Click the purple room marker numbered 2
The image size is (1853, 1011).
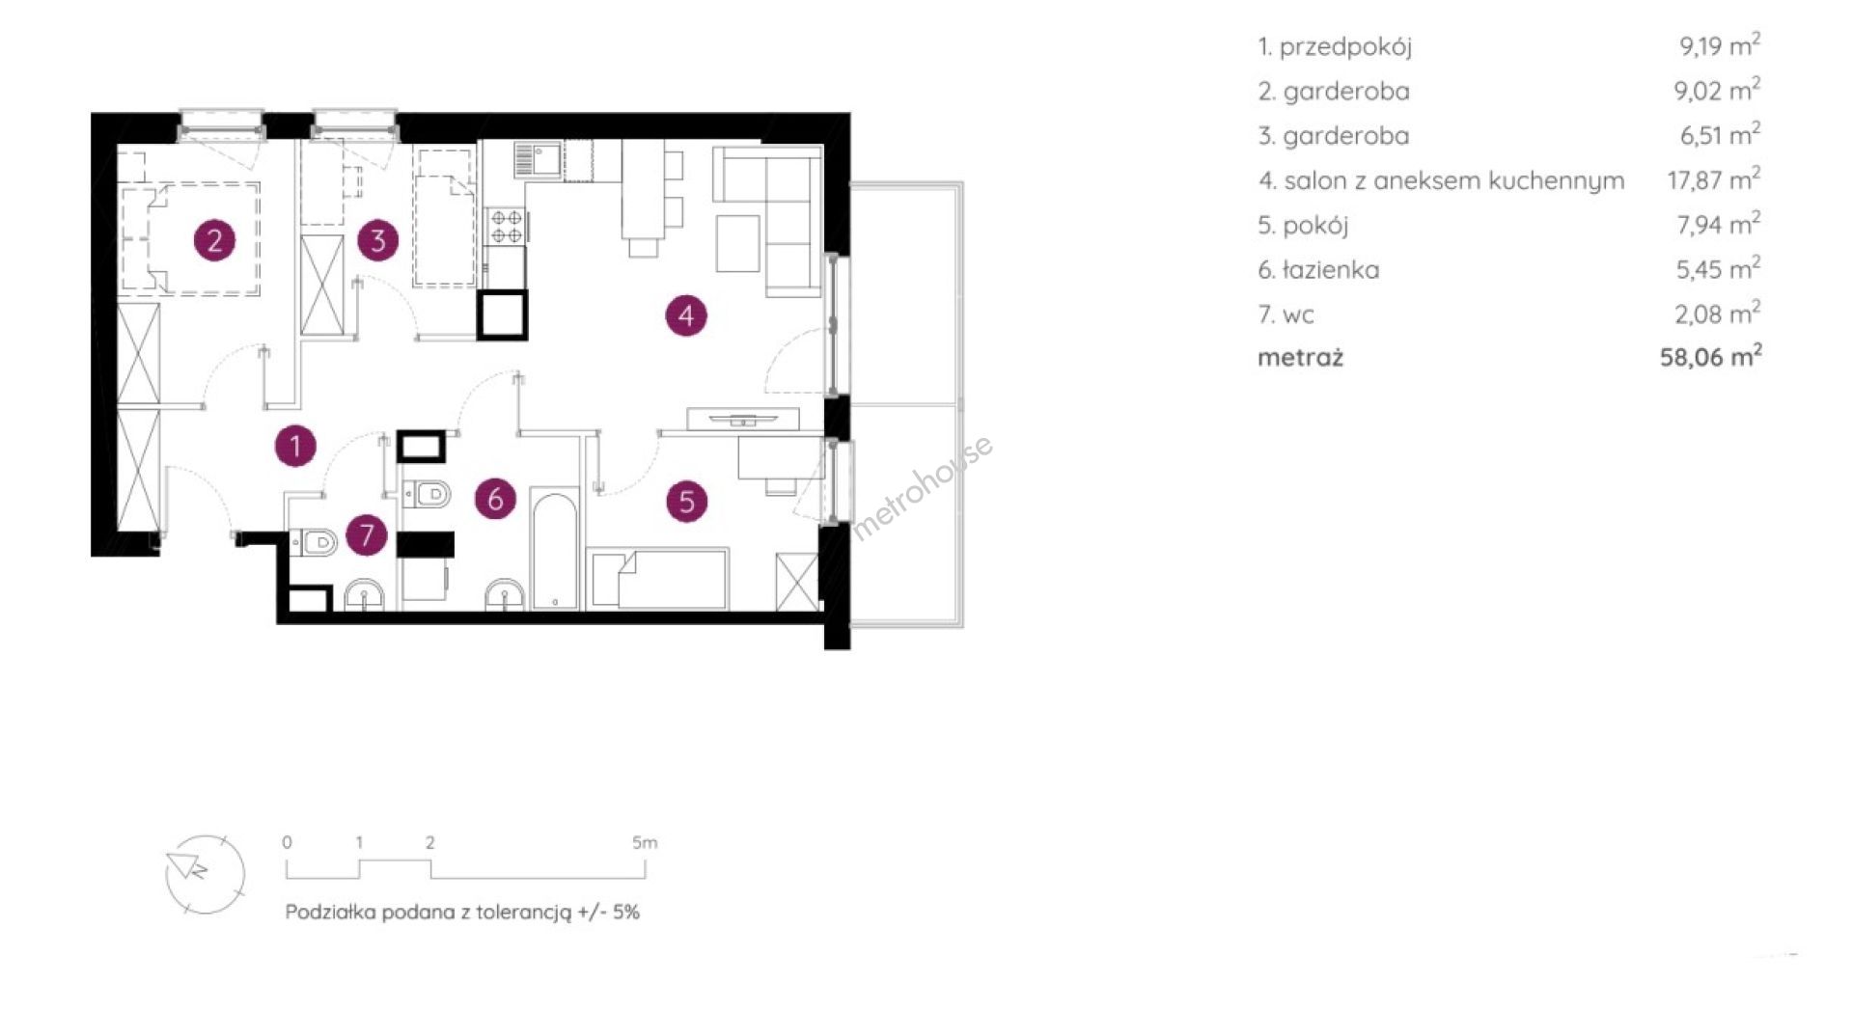(214, 239)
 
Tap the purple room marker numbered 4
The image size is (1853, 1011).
(686, 314)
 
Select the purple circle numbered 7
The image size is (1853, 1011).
(367, 534)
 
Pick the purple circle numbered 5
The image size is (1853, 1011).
(687, 501)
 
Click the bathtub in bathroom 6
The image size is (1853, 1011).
(555, 551)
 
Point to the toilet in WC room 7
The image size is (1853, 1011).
(313, 542)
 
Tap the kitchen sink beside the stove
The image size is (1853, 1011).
(538, 160)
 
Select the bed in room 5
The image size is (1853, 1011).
(658, 579)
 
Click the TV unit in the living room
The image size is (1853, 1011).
(742, 419)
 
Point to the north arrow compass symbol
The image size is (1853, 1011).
(204, 873)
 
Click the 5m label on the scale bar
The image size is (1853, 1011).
(645, 842)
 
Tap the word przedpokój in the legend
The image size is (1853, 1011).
(1345, 47)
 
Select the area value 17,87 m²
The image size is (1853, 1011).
(1714, 179)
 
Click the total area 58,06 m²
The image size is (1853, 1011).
(1710, 357)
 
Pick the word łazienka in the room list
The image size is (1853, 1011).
(1331, 270)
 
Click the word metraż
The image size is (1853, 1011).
(1300, 358)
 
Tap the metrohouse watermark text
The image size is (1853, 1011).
(923, 487)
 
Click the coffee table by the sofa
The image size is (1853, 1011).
(738, 243)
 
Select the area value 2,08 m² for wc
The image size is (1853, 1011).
(1718, 314)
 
